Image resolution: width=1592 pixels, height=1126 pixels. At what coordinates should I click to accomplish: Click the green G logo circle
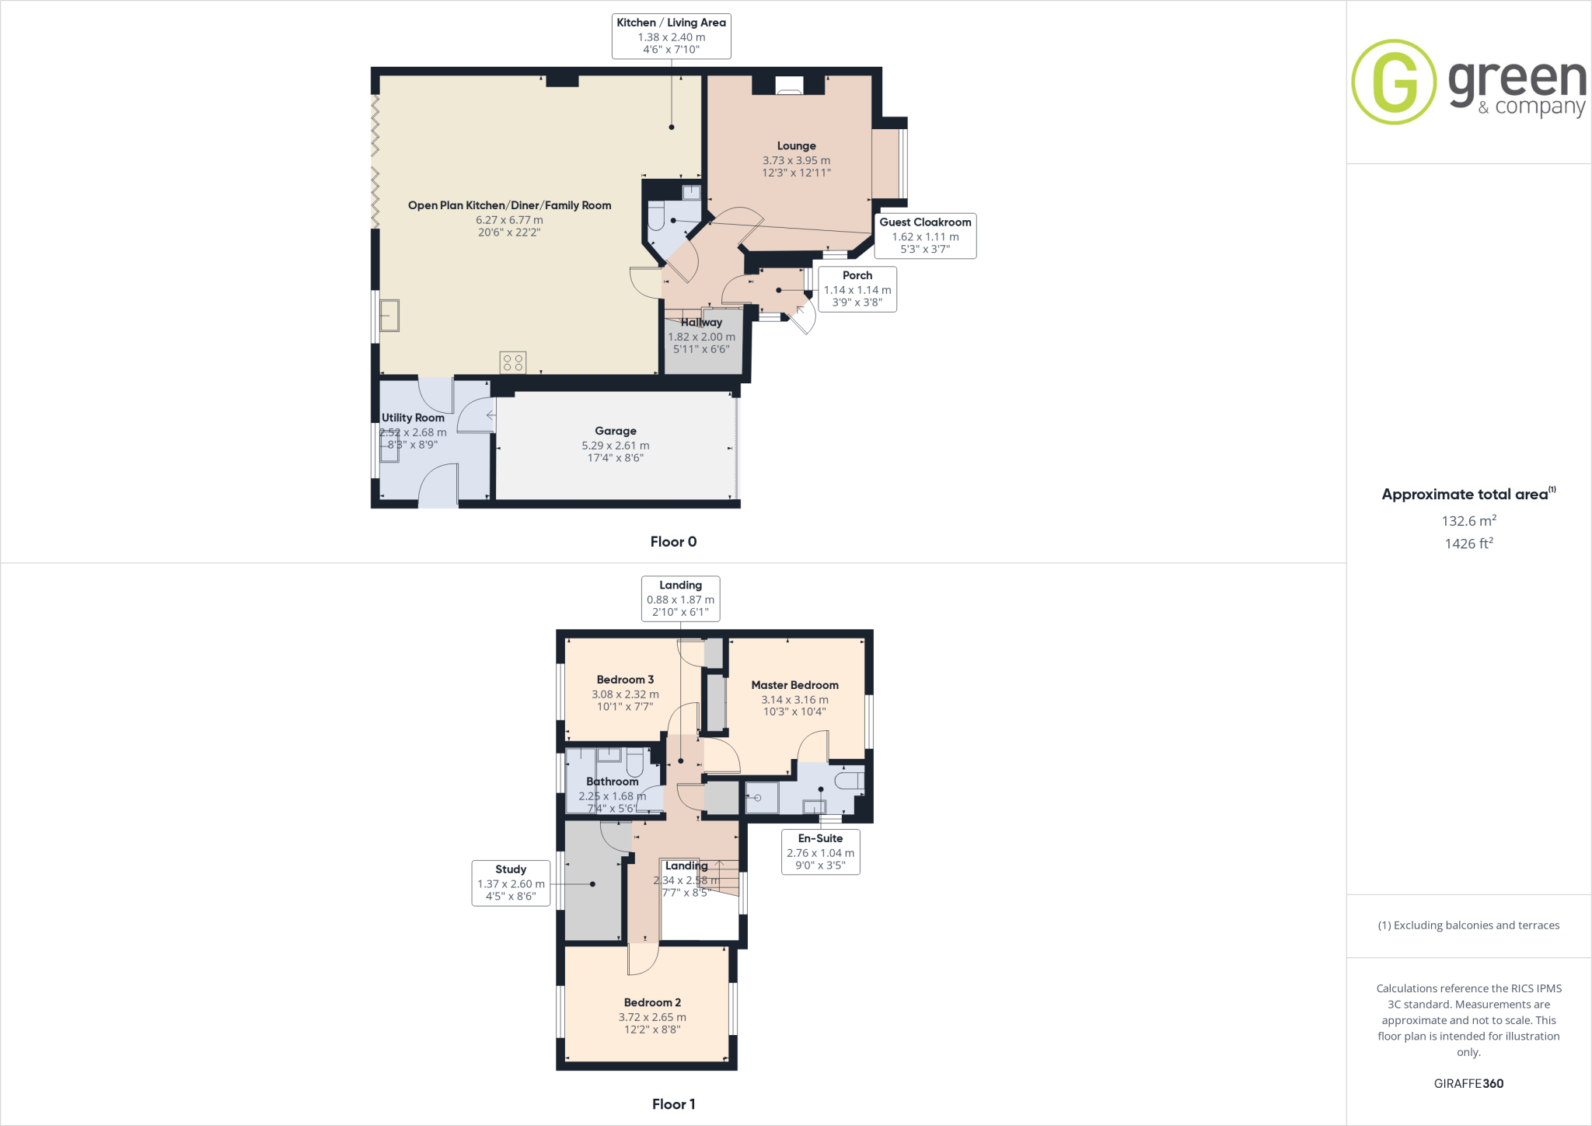coord(1394,82)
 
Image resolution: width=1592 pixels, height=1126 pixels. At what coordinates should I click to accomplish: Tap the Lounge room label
coord(796,146)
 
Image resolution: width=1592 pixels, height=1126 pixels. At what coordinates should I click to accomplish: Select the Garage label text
coord(615,431)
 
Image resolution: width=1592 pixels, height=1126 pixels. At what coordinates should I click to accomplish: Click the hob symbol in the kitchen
coord(513,362)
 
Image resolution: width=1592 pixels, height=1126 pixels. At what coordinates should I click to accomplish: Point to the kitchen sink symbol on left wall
coord(389,316)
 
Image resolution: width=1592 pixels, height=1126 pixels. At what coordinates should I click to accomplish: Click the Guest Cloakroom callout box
coord(925,236)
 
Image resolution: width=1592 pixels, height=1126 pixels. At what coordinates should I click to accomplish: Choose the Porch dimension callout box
coord(857,289)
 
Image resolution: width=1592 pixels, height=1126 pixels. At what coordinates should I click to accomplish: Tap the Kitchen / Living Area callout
coord(671,36)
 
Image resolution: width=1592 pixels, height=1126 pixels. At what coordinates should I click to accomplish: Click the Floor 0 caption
coord(673,542)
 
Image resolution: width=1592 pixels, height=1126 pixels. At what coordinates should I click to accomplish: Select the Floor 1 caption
coord(673,1104)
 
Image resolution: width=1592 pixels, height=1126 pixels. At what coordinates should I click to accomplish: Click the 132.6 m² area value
coord(1468,521)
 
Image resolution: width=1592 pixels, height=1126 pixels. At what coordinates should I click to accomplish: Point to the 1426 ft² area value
coord(1468,544)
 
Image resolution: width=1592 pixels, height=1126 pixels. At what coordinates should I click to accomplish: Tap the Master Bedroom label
coord(794,685)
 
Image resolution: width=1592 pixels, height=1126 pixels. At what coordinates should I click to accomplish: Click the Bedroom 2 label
coord(652,1002)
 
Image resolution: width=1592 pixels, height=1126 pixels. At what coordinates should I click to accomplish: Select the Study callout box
coord(511,883)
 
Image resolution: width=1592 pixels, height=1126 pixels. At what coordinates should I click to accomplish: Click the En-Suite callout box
coord(820,851)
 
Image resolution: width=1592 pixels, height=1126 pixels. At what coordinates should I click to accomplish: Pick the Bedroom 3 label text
coord(625,680)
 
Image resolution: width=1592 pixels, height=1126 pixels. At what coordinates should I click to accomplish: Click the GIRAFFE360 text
coord(1468,1083)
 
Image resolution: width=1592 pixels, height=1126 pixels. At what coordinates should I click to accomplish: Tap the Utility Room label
coord(413,418)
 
